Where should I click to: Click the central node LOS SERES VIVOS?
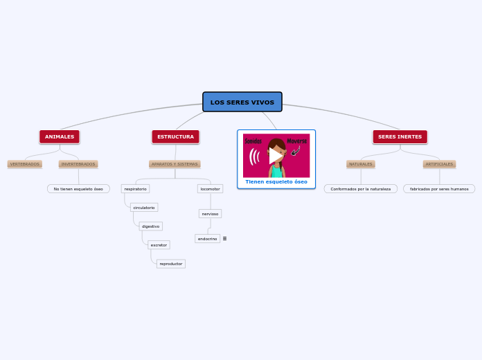[x=242, y=102]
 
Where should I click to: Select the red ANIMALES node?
[x=60, y=137]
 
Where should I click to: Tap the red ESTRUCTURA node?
[x=175, y=137]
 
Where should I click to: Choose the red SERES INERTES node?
[x=400, y=137]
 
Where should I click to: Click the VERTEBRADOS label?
[x=24, y=164]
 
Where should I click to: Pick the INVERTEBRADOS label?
[x=78, y=164]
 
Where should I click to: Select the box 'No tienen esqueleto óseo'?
[x=78, y=189]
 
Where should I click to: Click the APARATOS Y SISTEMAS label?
[x=175, y=164]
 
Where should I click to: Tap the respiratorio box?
[x=135, y=189]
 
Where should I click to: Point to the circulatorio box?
[x=144, y=208]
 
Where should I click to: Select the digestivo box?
[x=150, y=226]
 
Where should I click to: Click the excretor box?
[x=159, y=245]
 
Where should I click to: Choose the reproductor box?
[x=170, y=264]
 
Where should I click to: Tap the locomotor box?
[x=210, y=189]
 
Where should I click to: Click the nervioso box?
[x=210, y=214]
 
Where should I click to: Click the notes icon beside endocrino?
[x=224, y=239]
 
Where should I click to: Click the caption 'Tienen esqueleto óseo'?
[x=276, y=182]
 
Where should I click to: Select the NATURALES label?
[x=361, y=164]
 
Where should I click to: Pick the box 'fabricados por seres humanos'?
[x=439, y=189]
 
